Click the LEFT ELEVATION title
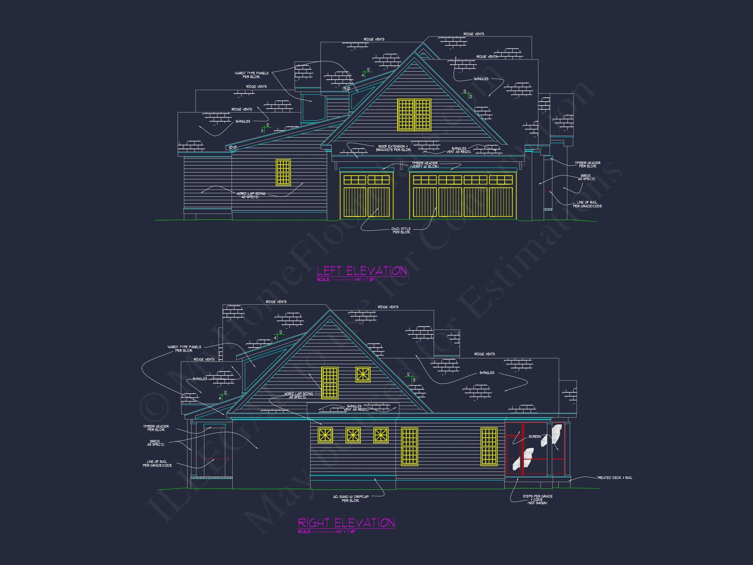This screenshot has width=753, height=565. (361, 271)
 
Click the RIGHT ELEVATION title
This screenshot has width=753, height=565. (346, 523)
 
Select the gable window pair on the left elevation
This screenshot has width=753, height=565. (414, 115)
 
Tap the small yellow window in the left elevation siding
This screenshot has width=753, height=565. (283, 172)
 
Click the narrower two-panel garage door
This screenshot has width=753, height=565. (367, 196)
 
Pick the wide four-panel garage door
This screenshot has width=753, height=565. (463, 196)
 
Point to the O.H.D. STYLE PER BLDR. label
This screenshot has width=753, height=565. (401, 231)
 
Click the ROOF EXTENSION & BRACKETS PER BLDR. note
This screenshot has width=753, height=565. (393, 148)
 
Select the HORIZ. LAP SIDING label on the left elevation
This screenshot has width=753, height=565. (251, 195)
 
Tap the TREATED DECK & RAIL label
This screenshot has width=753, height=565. (614, 478)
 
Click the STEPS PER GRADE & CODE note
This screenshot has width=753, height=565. (538, 499)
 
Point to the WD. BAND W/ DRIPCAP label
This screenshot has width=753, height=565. (350, 499)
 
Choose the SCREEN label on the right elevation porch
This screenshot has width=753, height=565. (534, 437)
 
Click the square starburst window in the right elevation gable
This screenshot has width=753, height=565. (363, 375)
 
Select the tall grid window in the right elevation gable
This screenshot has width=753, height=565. (329, 383)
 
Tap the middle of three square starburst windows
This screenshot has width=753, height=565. (353, 435)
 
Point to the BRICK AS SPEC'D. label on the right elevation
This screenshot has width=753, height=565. (156, 443)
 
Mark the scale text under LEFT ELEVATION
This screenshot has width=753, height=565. (345, 280)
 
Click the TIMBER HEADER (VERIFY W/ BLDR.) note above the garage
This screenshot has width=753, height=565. (425, 165)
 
